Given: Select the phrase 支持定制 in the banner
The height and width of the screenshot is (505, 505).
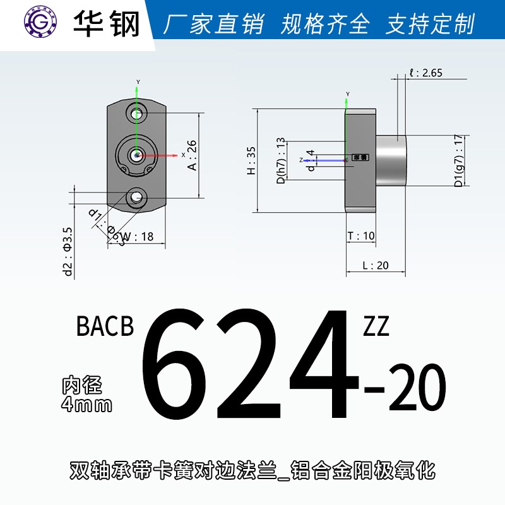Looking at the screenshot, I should click(x=430, y=25).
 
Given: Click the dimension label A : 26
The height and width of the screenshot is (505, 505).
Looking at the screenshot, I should click(x=193, y=155).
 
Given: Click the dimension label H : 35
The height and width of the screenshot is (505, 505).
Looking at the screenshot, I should click(x=251, y=161).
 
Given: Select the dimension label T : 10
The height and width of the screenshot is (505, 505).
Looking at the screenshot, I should click(x=361, y=236).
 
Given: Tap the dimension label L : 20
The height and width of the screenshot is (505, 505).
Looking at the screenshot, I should click(x=376, y=265).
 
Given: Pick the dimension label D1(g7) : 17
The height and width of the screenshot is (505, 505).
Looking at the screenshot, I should click(x=459, y=160).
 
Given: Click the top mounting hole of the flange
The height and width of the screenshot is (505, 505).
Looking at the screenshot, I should click(x=136, y=114).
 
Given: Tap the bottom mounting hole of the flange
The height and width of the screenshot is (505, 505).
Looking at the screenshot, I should click(x=136, y=198).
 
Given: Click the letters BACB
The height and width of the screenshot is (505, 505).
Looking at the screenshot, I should click(x=105, y=327).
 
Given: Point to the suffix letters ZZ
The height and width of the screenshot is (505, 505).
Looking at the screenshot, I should click(x=376, y=327).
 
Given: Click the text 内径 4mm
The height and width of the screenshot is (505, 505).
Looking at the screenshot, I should click(x=86, y=394).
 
